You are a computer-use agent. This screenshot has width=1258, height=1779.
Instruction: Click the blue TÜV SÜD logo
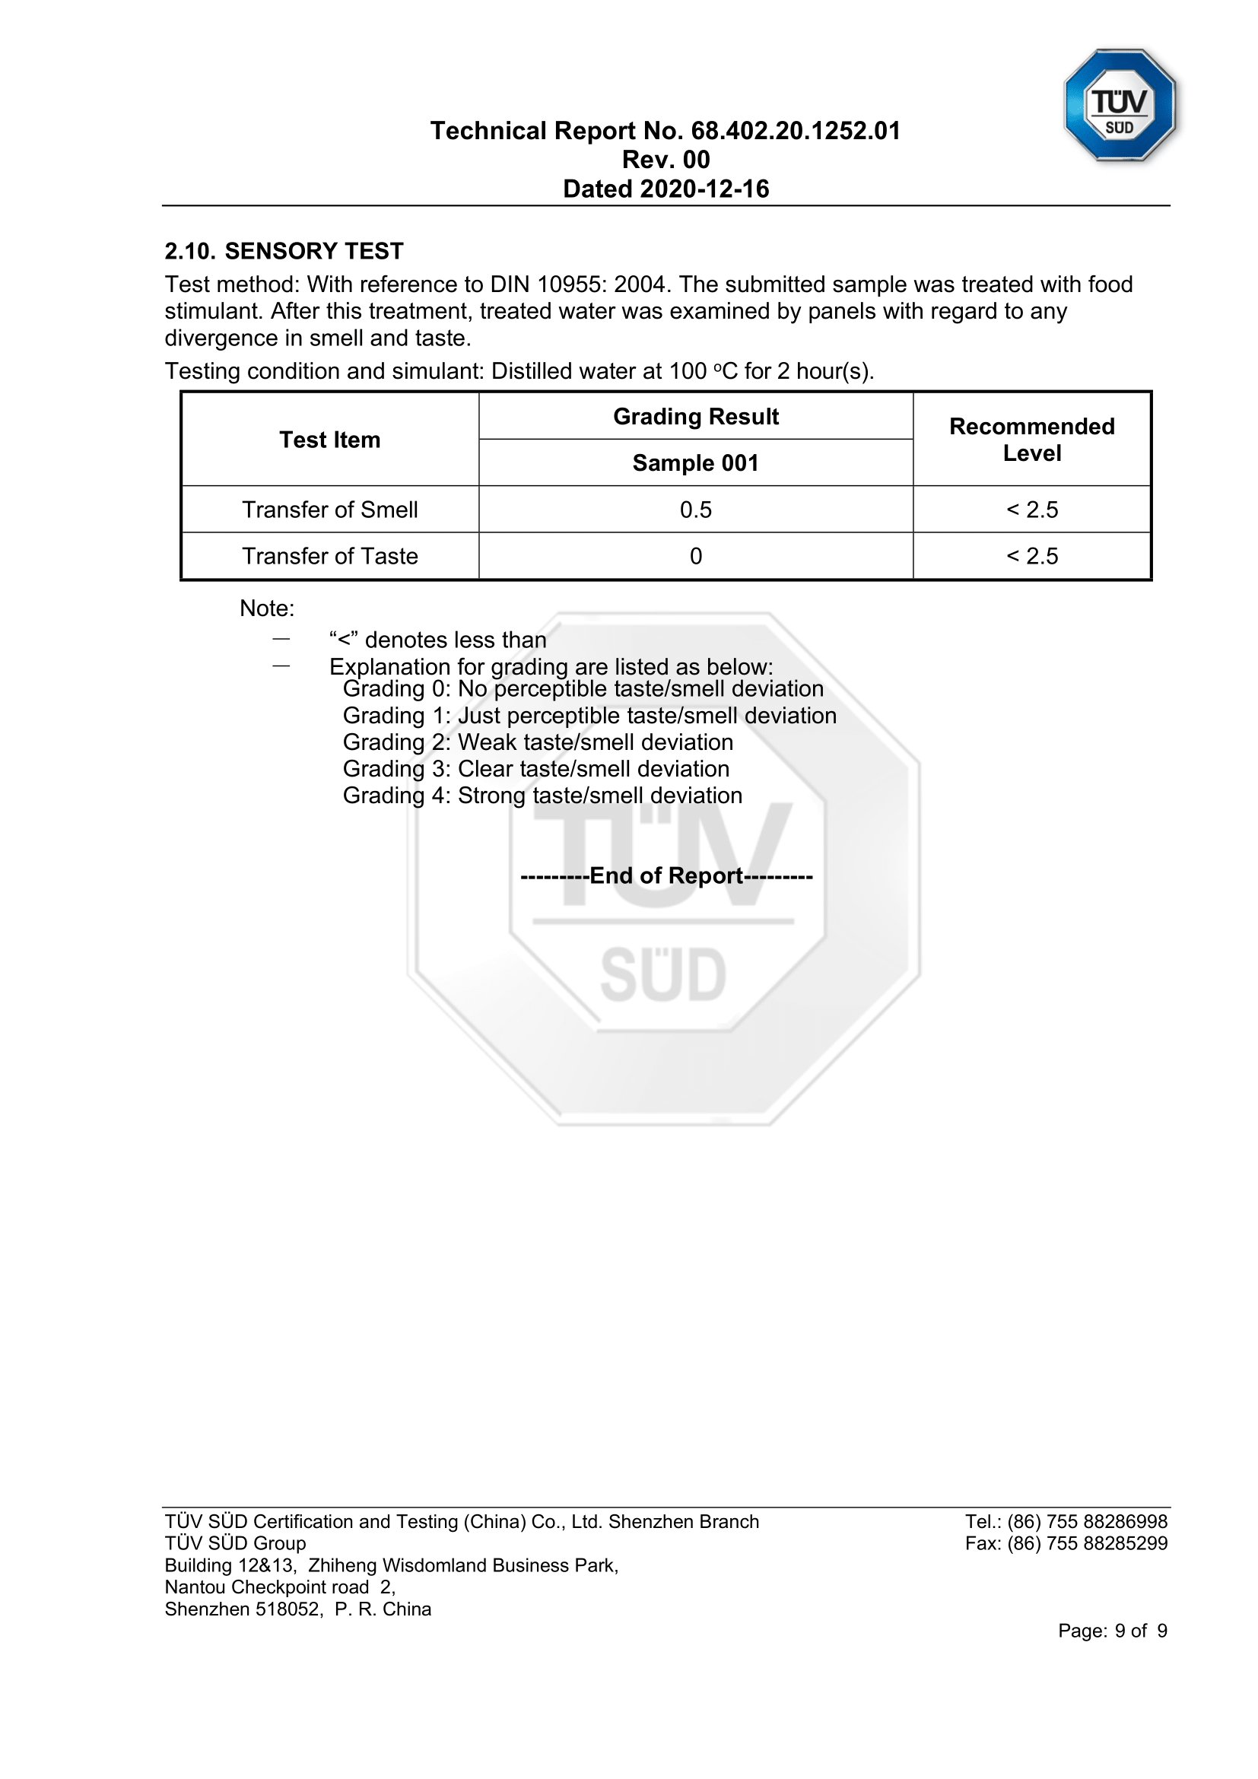(1120, 106)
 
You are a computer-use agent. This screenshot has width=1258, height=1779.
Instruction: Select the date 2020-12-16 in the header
(705, 189)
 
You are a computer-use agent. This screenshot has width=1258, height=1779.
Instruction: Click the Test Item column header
(330, 440)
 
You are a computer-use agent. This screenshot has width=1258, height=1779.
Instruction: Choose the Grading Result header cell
(696, 417)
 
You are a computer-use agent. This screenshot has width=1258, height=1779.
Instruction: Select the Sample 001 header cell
(696, 462)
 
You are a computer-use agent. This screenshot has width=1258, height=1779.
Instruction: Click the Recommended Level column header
(1032, 440)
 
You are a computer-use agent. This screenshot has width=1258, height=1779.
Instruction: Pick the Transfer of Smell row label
(330, 510)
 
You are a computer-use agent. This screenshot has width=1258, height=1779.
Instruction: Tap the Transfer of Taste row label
(330, 556)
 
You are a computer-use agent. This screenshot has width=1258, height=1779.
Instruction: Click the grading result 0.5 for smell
(696, 510)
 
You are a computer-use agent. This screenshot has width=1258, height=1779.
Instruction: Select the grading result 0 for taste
(696, 556)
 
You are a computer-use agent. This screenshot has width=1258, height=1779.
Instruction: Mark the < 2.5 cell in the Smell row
(1032, 510)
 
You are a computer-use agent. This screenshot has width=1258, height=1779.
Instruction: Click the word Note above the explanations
(266, 608)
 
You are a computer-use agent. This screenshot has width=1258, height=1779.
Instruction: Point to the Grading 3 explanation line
(536, 769)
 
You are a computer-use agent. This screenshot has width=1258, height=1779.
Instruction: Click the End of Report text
(666, 875)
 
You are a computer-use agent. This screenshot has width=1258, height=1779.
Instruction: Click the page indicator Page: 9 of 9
(1113, 1631)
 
